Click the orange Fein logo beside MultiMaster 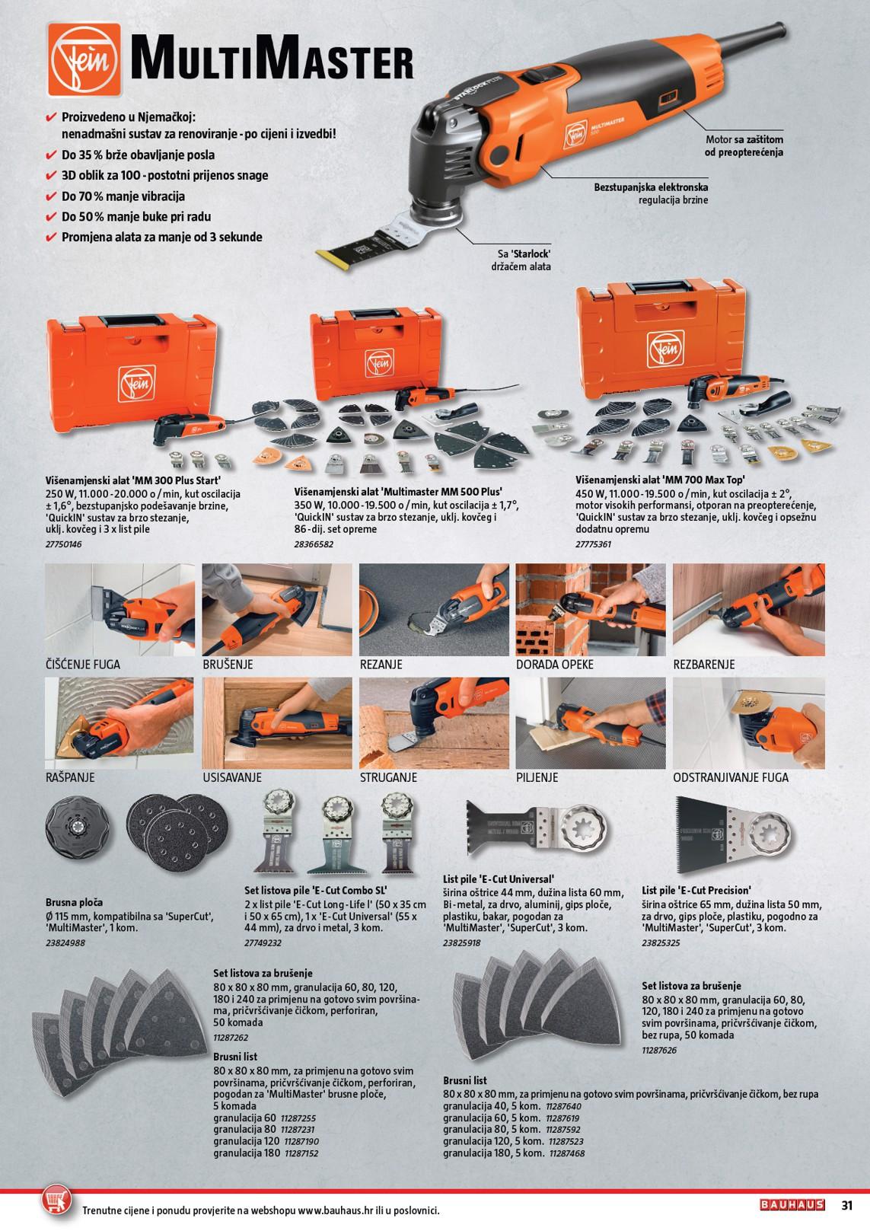point(84,60)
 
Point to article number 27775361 point(594,544)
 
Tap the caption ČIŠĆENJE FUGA point(82,664)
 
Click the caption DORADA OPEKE point(555,664)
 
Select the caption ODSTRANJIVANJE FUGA point(731,777)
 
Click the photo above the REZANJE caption point(434,609)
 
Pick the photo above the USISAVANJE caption point(277,722)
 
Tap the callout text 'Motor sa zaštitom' point(744,139)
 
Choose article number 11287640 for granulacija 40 point(563,1106)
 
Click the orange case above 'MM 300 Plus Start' point(132,368)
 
